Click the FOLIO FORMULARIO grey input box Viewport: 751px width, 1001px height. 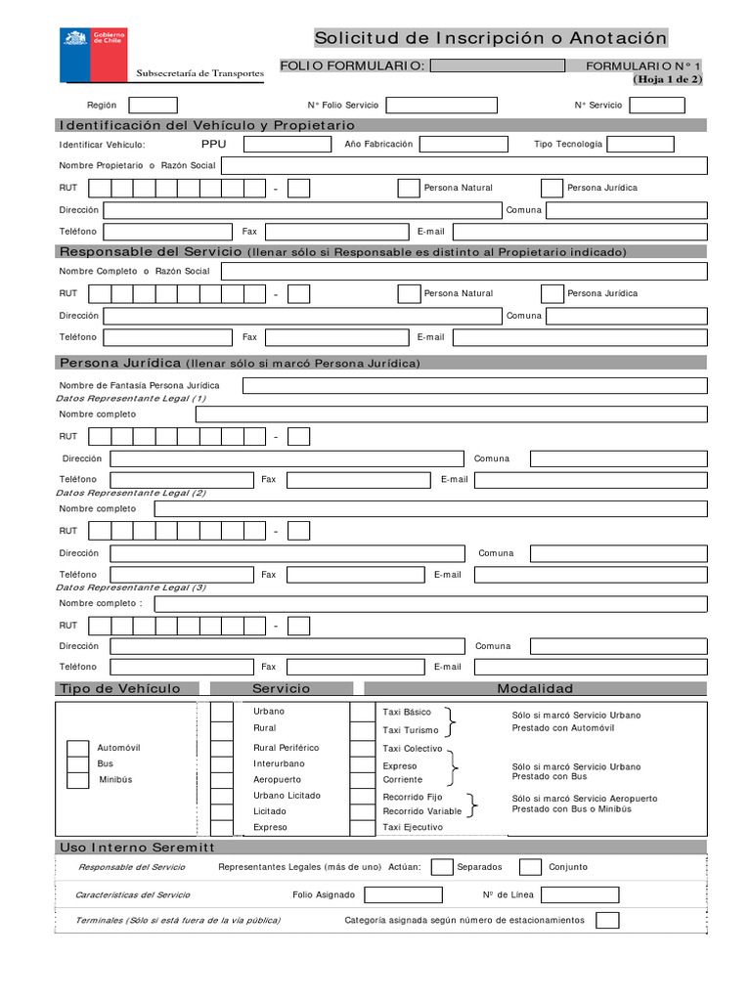pyautogui.click(x=497, y=65)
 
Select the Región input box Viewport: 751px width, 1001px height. pyautogui.click(x=153, y=105)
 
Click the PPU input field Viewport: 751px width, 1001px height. pyautogui.click(x=287, y=145)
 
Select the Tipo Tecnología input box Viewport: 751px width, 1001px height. pyautogui.click(x=641, y=145)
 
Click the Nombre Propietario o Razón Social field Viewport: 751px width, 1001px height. pyautogui.click(x=464, y=166)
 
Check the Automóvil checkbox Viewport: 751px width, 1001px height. pyautogui.click(x=77, y=749)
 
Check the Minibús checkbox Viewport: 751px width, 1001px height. pyautogui.click(x=77, y=780)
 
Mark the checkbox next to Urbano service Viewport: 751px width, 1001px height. pyautogui.click(x=222, y=711)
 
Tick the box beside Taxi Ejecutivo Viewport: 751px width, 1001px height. pyautogui.click(x=362, y=827)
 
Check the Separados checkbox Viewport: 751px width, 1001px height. pyautogui.click(x=442, y=867)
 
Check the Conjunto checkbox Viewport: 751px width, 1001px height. pyautogui.click(x=530, y=867)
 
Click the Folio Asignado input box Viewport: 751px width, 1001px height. pyautogui.click(x=403, y=894)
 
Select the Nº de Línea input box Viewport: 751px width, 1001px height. pyautogui.click(x=579, y=894)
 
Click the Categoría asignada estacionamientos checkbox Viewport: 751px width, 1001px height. pyautogui.click(x=607, y=920)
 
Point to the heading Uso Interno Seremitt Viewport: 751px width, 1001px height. pyautogui.click(x=137, y=847)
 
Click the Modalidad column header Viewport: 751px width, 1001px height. pyautogui.click(x=535, y=689)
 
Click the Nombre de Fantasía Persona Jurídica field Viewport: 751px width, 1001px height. pyautogui.click(x=474, y=385)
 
